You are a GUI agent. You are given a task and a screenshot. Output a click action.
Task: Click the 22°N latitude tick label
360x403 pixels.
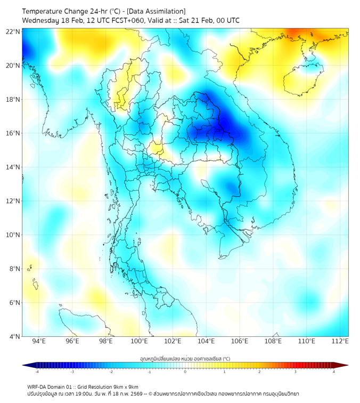pyautogui.click(x=13, y=31)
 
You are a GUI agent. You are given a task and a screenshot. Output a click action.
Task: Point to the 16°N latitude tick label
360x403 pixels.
pyautogui.click(x=13, y=133)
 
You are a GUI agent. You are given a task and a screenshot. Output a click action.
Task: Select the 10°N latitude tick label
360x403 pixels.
pyautogui.click(x=13, y=235)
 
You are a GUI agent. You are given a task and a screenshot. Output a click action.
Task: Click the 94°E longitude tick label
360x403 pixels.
pyautogui.click(x=39, y=341)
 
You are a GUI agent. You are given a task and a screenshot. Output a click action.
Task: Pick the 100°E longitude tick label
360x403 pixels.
pyautogui.click(x=140, y=341)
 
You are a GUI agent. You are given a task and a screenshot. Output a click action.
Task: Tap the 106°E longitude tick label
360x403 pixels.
pyautogui.click(x=240, y=341)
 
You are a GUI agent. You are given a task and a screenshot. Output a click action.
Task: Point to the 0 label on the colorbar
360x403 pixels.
pyautogui.click(x=185, y=372)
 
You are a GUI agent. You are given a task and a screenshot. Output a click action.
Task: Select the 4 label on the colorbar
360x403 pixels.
pyautogui.click(x=334, y=372)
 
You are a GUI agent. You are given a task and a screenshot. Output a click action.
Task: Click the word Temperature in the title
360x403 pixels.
pyautogui.click(x=42, y=11)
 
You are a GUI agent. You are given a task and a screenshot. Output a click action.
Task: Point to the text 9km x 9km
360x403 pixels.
pyautogui.click(x=126, y=386)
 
